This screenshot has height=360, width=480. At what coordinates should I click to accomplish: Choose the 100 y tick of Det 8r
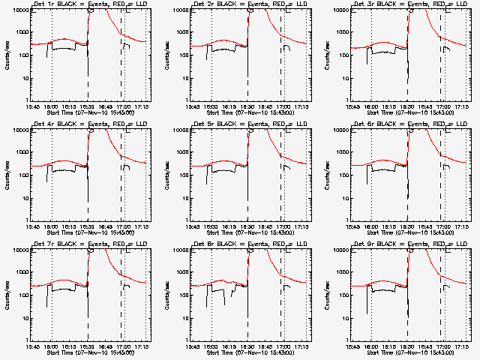(182, 295)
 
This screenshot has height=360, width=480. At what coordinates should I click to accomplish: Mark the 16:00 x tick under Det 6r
(371, 226)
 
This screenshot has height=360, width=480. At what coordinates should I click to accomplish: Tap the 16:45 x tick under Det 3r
(425, 106)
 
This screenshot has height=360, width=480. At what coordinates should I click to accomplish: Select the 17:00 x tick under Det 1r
(122, 106)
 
